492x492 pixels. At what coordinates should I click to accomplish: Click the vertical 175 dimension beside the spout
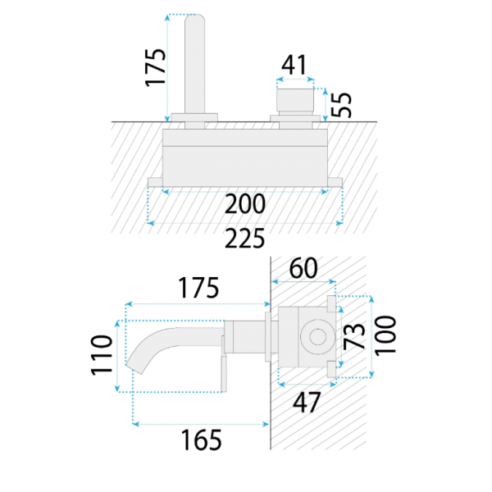[155, 67]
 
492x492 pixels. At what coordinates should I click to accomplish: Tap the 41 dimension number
[294, 65]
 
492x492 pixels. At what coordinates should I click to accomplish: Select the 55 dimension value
[341, 105]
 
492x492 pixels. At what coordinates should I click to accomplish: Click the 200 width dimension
[245, 204]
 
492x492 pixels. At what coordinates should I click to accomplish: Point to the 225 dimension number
[244, 239]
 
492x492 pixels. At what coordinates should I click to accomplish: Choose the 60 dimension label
[303, 268]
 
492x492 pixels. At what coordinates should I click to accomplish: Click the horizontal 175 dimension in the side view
[198, 288]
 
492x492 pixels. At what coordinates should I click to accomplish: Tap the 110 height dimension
[102, 355]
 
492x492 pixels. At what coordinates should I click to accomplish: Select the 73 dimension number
[354, 336]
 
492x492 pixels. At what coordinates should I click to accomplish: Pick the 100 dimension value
[385, 335]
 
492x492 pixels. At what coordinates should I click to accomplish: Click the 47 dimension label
[306, 403]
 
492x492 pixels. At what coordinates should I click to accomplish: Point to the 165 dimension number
[201, 440]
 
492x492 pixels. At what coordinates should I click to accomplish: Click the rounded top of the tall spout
[195, 20]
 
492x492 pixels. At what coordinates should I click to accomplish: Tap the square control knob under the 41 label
[295, 100]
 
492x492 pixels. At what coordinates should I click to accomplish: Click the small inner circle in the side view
[318, 337]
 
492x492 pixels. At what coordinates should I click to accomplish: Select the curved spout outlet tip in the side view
[134, 368]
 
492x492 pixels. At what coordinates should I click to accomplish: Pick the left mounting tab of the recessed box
[155, 182]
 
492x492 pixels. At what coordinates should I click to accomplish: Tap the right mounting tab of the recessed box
[335, 182]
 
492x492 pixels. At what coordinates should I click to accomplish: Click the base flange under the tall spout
[194, 117]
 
